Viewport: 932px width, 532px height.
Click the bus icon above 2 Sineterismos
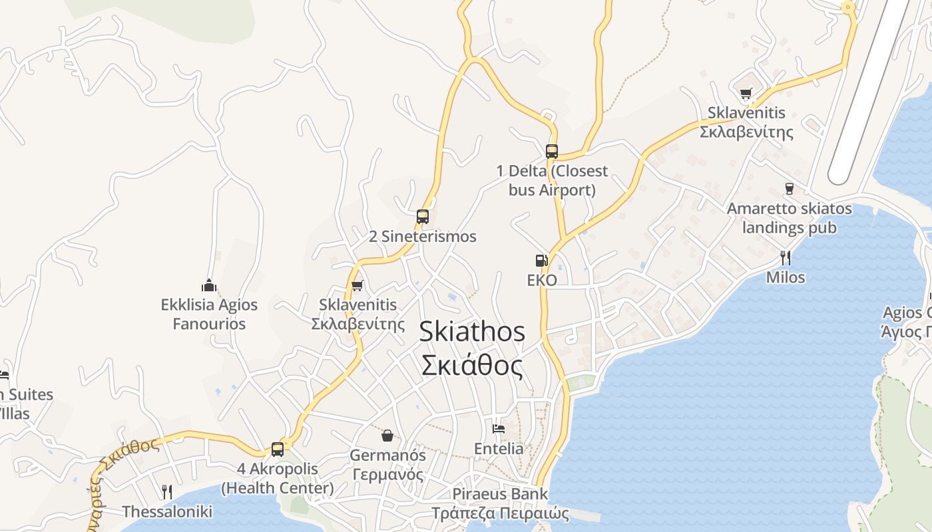pyautogui.click(x=422, y=216)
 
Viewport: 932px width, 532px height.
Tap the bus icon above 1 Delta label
pyautogui.click(x=551, y=151)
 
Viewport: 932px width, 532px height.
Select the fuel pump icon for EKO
pyautogui.click(x=541, y=261)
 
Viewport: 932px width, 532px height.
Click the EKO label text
pyautogui.click(x=542, y=280)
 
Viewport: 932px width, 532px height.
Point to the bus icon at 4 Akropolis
pyautogui.click(x=278, y=449)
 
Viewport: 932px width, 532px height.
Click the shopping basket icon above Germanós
pyautogui.click(x=387, y=436)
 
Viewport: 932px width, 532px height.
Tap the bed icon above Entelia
pyautogui.click(x=499, y=428)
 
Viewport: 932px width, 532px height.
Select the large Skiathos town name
pyautogui.click(x=472, y=332)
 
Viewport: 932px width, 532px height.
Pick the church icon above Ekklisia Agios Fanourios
pyautogui.click(x=209, y=285)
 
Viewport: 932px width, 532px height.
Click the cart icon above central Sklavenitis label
pyautogui.click(x=357, y=285)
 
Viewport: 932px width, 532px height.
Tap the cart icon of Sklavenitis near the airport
pyautogui.click(x=746, y=93)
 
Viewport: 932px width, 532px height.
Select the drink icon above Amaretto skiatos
pyautogui.click(x=790, y=188)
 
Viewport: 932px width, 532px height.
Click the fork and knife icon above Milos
pyautogui.click(x=786, y=257)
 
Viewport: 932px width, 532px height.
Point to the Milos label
pyautogui.click(x=786, y=277)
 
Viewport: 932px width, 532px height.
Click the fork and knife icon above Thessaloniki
pyautogui.click(x=167, y=492)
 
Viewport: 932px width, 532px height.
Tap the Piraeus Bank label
pyautogui.click(x=500, y=494)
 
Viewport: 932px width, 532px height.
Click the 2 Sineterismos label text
pyautogui.click(x=423, y=237)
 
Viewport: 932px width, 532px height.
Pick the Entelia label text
pyautogui.click(x=499, y=449)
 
